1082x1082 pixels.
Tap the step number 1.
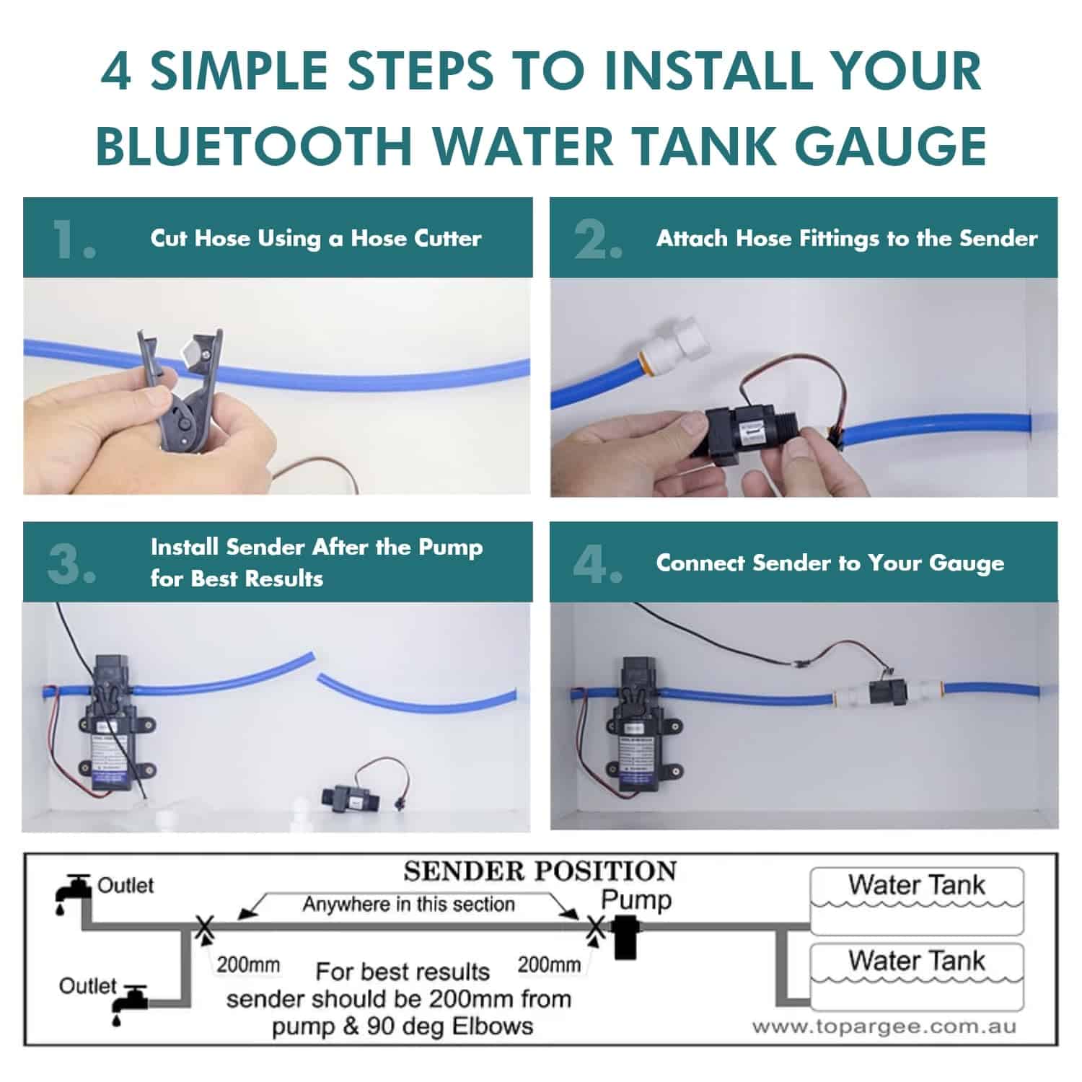(72, 239)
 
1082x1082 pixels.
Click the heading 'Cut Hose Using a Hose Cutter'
(315, 238)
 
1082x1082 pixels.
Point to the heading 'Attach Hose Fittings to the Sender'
(846, 238)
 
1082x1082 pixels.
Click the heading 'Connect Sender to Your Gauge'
(830, 563)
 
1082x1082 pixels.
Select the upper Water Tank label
(916, 885)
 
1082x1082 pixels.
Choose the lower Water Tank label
(916, 961)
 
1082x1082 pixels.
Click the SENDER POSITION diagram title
(540, 871)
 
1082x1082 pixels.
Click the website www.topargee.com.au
(883, 1026)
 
